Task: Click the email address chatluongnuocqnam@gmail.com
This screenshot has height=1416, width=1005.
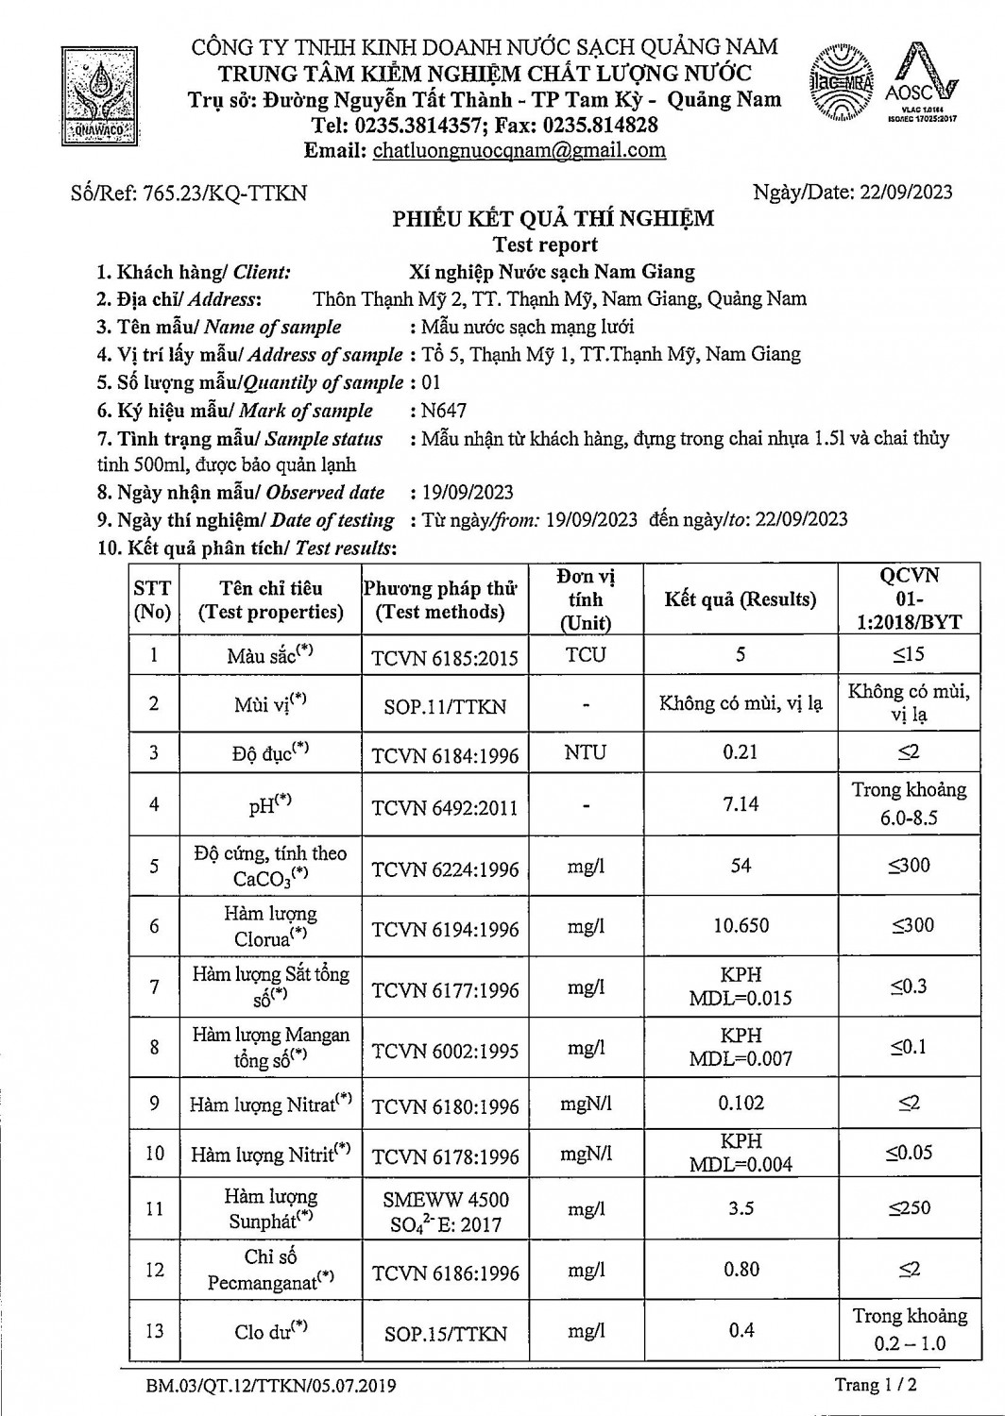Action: (519, 150)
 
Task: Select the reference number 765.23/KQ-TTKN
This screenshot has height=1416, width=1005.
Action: (224, 194)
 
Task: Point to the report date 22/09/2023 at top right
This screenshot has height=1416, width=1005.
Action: (905, 193)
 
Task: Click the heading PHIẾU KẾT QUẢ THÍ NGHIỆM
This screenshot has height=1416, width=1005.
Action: (554, 219)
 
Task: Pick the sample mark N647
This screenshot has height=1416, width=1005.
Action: (445, 411)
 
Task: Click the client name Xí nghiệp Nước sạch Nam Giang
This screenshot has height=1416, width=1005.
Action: (552, 272)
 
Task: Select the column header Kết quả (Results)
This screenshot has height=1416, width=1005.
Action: (740, 599)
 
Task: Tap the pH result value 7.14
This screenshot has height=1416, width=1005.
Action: (741, 804)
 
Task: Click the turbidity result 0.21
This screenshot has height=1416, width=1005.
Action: (741, 752)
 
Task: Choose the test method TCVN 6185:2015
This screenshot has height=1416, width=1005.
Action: (445, 658)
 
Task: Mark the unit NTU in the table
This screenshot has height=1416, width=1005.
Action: (586, 752)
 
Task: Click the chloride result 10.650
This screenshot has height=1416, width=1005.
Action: (741, 925)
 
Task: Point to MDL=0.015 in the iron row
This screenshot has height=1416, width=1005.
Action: (741, 999)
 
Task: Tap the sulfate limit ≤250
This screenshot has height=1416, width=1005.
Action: (909, 1207)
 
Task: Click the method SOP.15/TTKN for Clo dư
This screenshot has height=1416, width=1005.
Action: (445, 1334)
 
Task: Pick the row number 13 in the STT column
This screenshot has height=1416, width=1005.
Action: (154, 1331)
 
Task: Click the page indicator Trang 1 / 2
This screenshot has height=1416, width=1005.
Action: (876, 1385)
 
